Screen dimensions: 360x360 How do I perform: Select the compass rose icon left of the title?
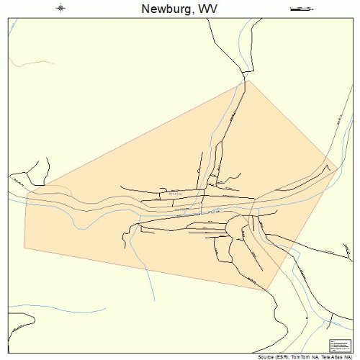click(x=60, y=9)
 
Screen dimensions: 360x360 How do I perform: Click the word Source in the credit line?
click(x=268, y=356)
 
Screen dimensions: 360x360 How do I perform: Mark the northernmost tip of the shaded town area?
click(x=247, y=81)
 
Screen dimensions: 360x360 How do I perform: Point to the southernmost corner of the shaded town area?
click(x=268, y=291)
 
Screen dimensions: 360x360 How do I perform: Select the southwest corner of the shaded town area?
click(x=24, y=248)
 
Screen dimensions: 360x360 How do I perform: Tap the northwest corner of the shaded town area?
click(x=27, y=192)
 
